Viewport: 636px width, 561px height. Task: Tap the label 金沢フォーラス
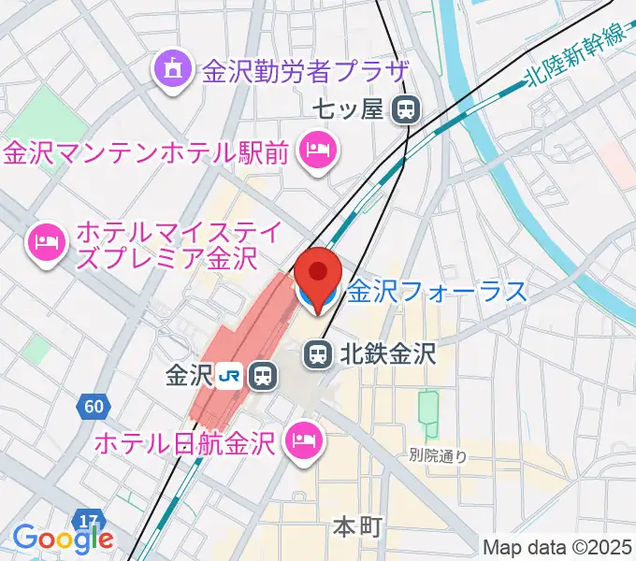point(438,293)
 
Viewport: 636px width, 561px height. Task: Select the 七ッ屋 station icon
point(405,110)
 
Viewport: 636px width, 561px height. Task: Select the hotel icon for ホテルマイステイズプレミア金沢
point(45,243)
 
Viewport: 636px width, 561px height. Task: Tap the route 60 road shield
point(93,406)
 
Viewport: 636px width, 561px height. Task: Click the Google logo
point(63,538)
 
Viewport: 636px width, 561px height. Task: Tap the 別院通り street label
point(438,457)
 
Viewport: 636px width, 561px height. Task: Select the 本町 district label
point(357,526)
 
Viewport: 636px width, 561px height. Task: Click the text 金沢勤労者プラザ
point(306,70)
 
